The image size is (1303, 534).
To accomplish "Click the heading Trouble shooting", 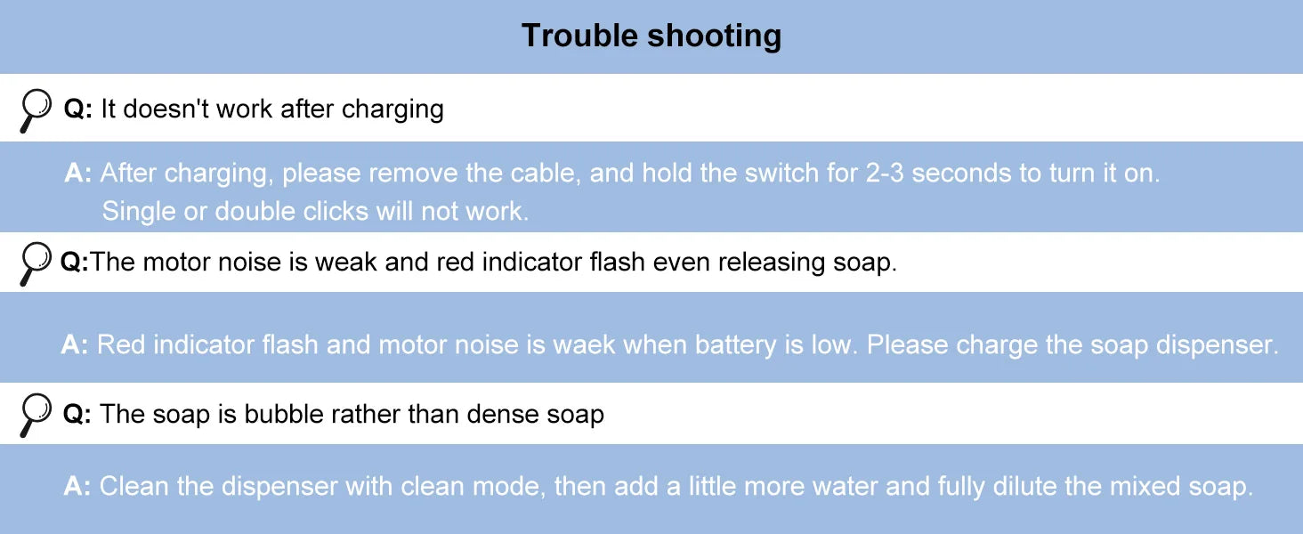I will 651,36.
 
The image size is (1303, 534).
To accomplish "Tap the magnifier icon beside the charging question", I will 36,111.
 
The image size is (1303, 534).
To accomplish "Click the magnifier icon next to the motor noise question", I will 36,263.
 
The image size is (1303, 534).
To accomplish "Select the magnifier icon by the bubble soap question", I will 36,415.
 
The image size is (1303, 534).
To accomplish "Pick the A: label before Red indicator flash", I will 75,344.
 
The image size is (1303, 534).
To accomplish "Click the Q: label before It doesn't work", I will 77,109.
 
